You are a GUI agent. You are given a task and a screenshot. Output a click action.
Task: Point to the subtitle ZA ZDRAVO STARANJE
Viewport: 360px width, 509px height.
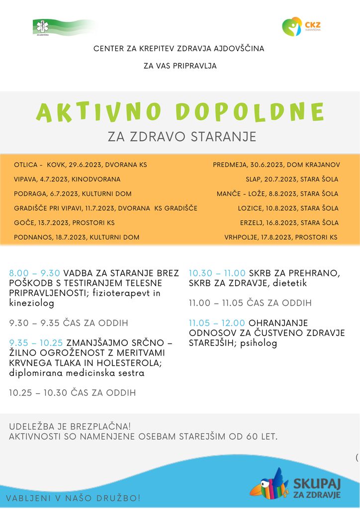coord(182,137)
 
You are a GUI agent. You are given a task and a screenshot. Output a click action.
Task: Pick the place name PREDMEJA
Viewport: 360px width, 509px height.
coord(230,165)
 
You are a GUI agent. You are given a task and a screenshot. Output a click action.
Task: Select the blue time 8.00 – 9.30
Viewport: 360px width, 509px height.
coord(34,273)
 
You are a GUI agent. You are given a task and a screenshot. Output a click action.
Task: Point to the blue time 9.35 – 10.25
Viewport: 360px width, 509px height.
coord(36,342)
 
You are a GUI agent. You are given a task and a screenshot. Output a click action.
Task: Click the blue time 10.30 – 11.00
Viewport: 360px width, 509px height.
coord(217,273)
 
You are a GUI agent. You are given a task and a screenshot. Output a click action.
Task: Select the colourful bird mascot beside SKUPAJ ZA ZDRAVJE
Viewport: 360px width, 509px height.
coord(269,484)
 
